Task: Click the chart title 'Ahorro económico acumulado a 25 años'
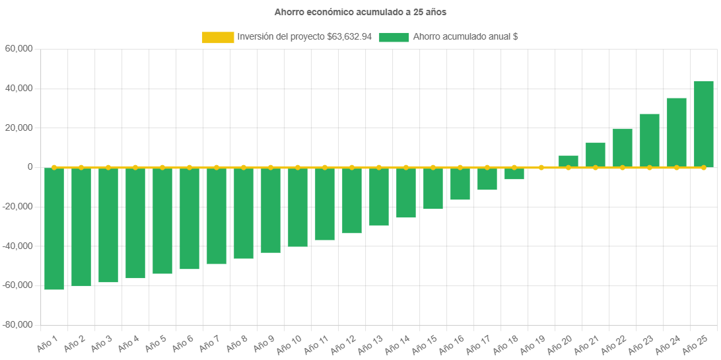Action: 360,12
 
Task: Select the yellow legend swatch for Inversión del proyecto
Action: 218,38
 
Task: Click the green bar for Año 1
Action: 54,229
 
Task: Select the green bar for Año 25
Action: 704,124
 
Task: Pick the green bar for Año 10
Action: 298,207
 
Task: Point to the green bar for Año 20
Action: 568,161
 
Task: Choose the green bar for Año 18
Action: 514,174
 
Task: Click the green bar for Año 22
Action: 623,148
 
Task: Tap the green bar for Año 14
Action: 406,192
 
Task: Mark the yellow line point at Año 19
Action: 541,168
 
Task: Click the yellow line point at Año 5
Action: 162,168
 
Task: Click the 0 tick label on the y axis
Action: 30,167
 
